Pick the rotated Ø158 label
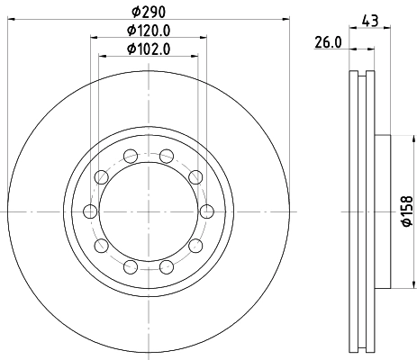click(x=406, y=210)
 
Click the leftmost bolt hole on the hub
click(x=90, y=211)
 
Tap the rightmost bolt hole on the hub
click(x=207, y=211)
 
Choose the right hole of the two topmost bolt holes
click(x=166, y=157)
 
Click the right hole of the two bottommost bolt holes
click(x=166, y=266)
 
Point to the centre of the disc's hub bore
click(x=149, y=211)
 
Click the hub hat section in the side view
click(x=382, y=211)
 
